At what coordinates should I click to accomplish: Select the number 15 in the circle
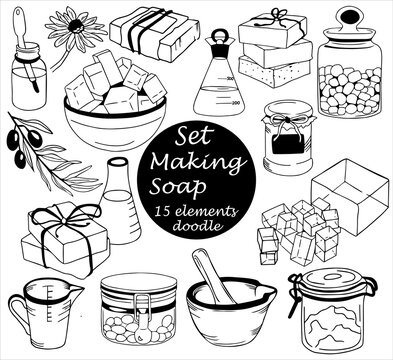click(163, 214)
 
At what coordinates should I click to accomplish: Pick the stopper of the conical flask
click(221, 42)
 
